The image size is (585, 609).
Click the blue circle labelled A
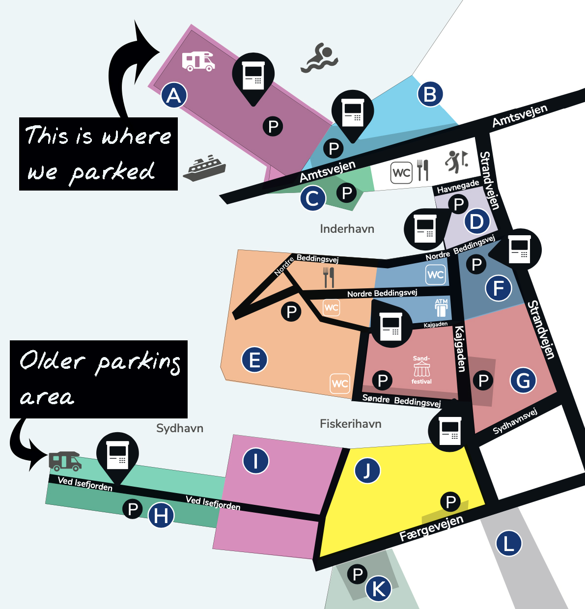coord(174,95)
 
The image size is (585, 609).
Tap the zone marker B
coord(430,94)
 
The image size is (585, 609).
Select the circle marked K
coord(379,588)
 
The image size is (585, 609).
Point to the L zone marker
coord(508,544)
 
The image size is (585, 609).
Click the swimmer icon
coord(320,58)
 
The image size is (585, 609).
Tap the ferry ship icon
coord(204,168)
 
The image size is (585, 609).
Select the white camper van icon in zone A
coord(198,61)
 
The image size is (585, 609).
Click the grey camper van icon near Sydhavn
coord(65,461)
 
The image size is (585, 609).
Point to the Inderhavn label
coord(347,229)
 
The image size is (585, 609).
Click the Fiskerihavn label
coord(350,424)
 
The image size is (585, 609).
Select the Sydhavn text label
coord(179,428)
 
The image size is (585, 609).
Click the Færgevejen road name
coord(431,528)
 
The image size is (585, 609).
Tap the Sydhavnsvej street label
coord(515,421)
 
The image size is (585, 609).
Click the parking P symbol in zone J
coord(450,502)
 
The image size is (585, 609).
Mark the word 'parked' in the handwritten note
coord(112,172)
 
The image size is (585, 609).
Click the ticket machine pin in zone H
coord(117,456)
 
